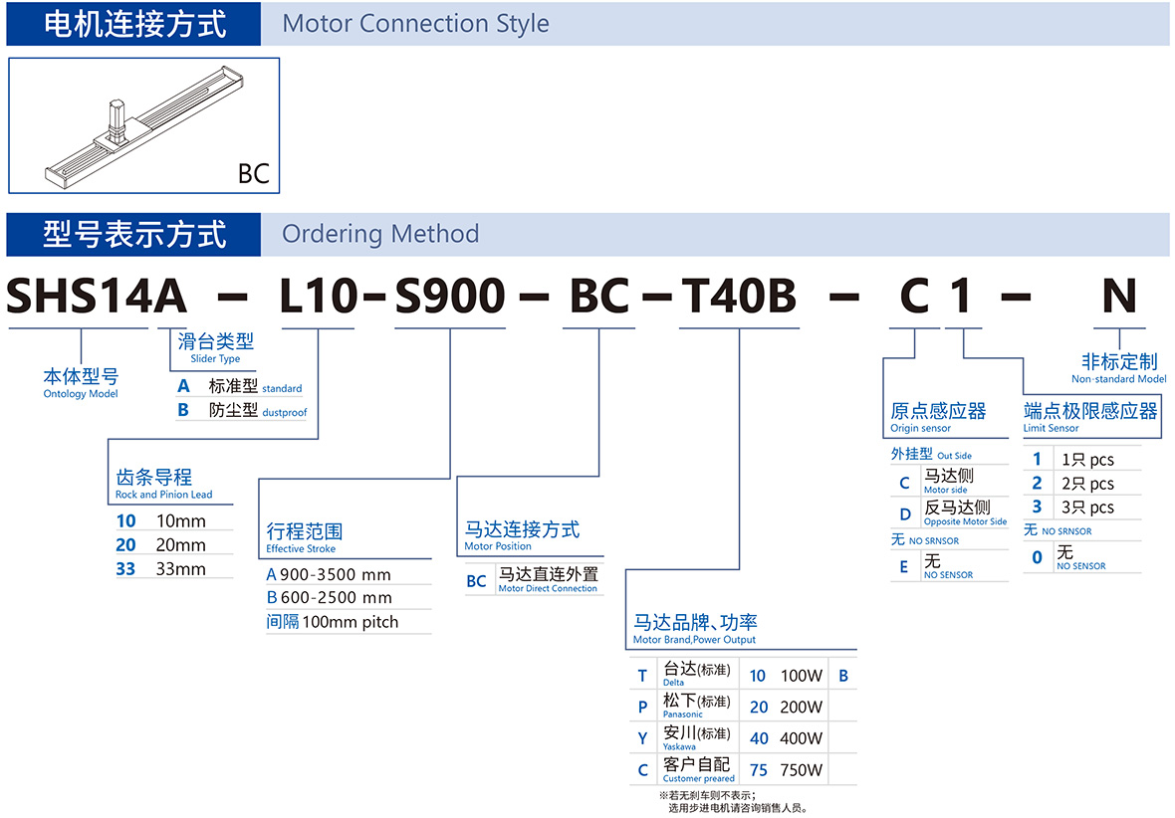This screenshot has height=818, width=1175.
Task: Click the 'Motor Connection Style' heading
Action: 415,24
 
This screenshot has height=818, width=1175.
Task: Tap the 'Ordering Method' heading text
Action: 380,234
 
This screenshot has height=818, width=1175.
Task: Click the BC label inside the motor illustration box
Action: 253,174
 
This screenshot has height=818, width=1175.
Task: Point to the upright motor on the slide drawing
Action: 117,120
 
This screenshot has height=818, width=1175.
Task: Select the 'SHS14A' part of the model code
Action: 97,296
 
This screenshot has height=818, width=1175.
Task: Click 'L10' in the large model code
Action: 319,296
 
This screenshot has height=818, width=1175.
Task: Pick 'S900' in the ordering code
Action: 450,296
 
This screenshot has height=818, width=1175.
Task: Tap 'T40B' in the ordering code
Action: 739,296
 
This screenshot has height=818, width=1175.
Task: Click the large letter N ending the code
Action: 1119,296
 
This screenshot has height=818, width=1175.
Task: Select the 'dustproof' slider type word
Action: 285,413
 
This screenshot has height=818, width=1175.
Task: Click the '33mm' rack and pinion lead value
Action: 180,569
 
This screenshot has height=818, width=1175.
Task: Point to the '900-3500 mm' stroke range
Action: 336,574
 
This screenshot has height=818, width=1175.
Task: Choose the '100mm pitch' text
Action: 351,622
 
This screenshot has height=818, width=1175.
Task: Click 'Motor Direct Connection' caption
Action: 548,589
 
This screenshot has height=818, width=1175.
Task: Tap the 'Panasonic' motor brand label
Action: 683,715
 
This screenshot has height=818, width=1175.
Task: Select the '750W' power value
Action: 801,770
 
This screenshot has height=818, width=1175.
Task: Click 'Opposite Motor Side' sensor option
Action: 965,521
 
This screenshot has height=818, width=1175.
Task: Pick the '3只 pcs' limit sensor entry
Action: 1087,508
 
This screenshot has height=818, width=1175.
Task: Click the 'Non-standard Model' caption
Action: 1119,379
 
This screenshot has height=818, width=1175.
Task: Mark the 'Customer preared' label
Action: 698,779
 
